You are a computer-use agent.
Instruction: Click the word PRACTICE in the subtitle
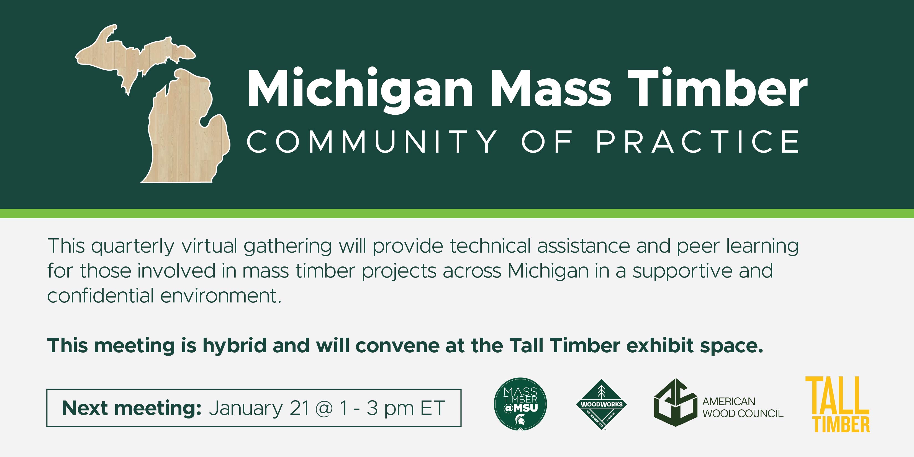tap(698, 142)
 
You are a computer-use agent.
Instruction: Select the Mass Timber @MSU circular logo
tap(520, 404)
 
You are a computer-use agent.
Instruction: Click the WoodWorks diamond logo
tap(601, 404)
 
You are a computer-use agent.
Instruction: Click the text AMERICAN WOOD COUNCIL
tap(743, 407)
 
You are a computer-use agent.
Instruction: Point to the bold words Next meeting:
tap(132, 408)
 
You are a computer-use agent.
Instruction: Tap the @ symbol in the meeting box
tap(324, 409)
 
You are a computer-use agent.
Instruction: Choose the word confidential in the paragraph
tap(101, 295)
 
